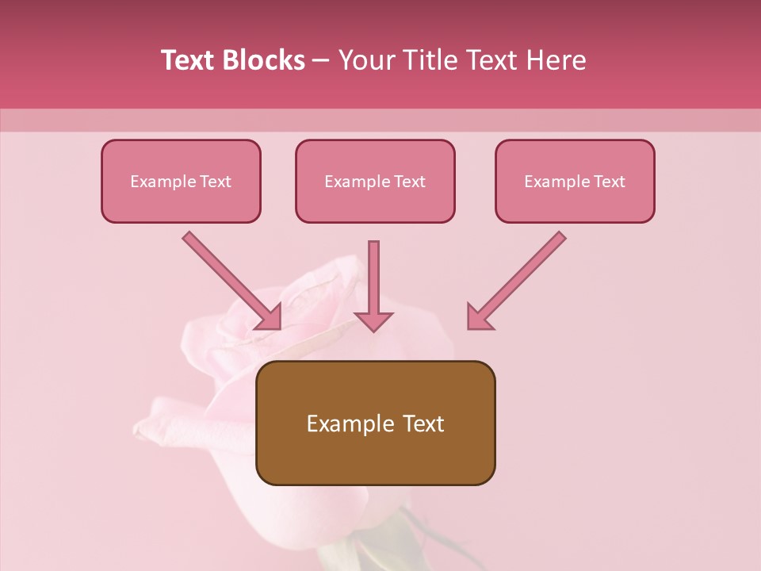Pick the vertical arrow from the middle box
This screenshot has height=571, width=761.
[373, 278]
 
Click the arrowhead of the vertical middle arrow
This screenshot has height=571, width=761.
[373, 320]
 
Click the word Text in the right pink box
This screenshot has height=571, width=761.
[609, 182]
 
